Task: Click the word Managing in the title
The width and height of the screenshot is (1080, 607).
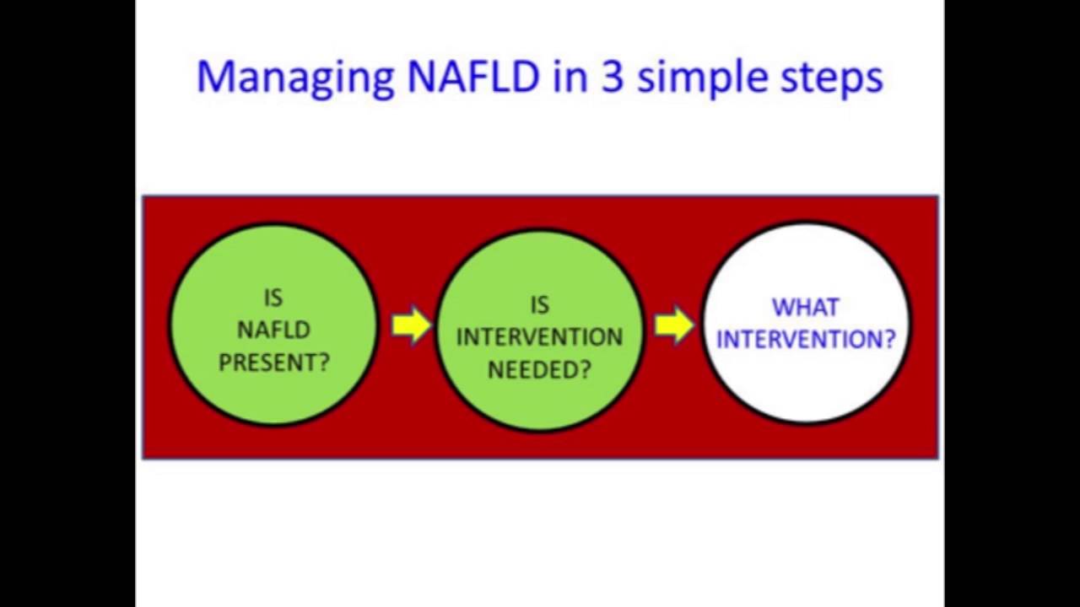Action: tap(294, 78)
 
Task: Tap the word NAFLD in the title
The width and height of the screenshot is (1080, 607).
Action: tap(472, 76)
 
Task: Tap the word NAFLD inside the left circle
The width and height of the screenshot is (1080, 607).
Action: tap(274, 330)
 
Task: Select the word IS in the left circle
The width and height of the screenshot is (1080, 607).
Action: tap(273, 298)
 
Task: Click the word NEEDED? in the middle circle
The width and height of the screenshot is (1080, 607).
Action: tap(539, 369)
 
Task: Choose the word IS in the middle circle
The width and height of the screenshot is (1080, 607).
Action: tap(539, 305)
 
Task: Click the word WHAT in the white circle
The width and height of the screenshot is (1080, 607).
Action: tap(806, 308)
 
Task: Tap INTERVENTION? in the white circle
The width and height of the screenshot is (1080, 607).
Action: tap(806, 339)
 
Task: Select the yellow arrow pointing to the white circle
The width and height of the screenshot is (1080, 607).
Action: tap(675, 325)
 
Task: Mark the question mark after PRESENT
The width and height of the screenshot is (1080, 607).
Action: tap(323, 362)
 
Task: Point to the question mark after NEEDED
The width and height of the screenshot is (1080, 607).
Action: tap(585, 369)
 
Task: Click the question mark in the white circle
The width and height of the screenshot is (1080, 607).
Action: tap(888, 339)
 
